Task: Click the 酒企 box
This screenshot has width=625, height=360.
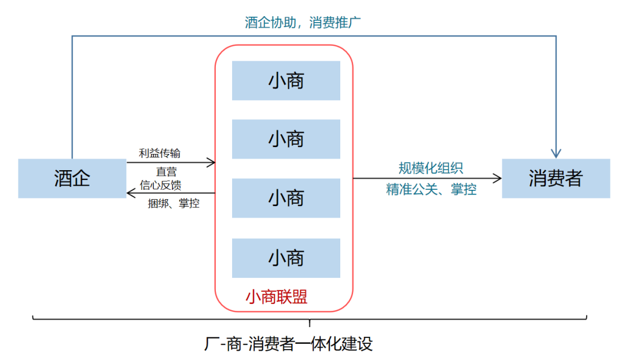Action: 72,178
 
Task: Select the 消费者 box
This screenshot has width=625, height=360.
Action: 556,178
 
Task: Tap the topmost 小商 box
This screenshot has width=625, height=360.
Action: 286,80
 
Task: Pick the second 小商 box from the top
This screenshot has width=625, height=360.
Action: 286,139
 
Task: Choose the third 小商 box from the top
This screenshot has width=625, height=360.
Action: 286,198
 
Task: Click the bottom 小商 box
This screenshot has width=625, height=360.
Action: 286,258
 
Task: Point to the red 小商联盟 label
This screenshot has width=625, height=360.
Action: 276,297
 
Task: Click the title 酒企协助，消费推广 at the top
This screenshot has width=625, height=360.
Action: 303,23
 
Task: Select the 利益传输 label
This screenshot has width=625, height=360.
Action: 160,153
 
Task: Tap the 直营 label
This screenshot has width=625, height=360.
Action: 166,172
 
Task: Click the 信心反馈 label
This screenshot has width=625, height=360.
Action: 160,185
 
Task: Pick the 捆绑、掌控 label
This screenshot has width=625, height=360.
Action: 174,203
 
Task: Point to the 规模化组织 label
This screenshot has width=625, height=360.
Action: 431,168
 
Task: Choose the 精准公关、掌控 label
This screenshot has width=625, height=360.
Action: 431,189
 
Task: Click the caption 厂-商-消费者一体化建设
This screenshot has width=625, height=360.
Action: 288,344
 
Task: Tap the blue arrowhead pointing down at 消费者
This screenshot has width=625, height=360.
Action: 556,153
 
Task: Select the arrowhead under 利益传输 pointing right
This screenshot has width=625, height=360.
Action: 211,162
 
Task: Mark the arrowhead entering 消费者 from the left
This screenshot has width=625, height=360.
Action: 497,178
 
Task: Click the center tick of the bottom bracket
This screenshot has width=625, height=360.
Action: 310,323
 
